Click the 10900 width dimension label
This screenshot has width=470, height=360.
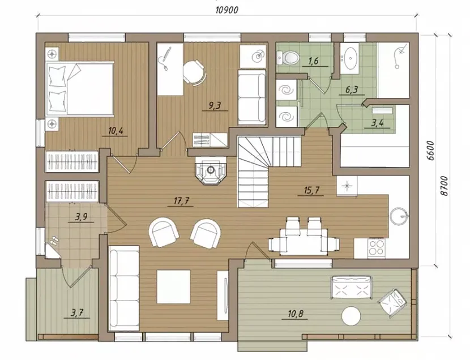pos(227,10)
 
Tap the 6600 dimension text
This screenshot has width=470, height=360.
pos(431,151)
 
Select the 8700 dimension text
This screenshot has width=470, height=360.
pos(445,186)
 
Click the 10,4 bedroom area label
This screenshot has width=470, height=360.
pos(116,131)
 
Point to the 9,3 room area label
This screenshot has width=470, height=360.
pos(215,105)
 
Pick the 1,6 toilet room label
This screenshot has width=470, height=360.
pos(313,61)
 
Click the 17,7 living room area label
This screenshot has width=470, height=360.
pos(181,201)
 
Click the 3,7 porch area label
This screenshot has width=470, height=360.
pos(76,312)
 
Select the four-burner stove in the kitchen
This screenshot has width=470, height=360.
pos(376,247)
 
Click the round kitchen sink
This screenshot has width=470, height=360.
pos(399,215)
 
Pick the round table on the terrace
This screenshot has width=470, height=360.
pos(351,316)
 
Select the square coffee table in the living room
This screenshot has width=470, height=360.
pos(173,286)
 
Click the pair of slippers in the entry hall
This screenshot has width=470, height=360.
pos(54,241)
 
